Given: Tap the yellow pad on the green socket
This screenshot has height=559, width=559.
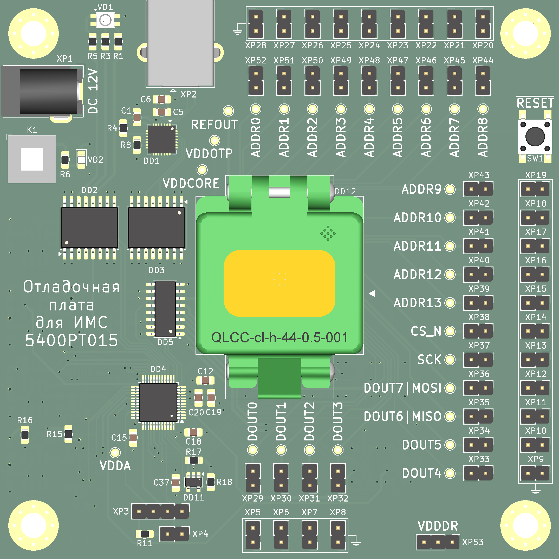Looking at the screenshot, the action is click(x=279, y=283).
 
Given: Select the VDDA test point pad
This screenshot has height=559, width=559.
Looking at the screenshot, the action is click(x=115, y=452).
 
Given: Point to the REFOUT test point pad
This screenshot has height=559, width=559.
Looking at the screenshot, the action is click(x=228, y=111).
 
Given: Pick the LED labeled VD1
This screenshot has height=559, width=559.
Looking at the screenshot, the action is click(x=105, y=20).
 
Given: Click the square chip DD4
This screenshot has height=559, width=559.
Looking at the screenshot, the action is click(x=158, y=402).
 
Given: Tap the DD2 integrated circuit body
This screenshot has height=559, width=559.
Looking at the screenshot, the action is click(x=89, y=228).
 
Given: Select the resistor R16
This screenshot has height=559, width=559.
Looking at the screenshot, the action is click(x=25, y=434).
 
